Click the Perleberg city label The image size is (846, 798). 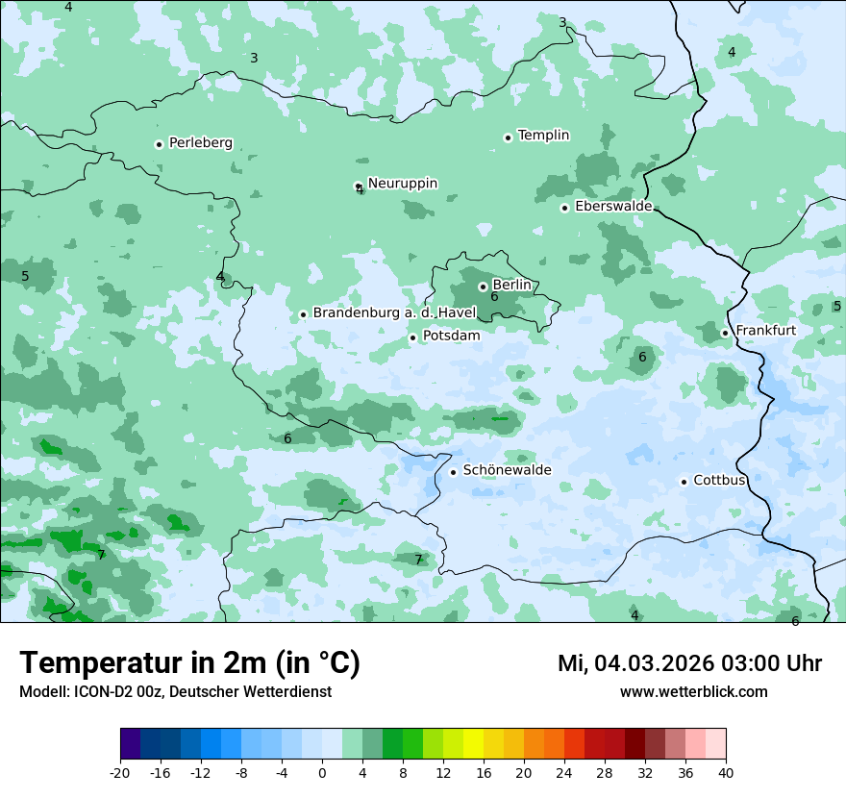[x=200, y=143]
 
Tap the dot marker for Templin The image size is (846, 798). [x=508, y=137]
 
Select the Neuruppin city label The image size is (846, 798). [x=402, y=183]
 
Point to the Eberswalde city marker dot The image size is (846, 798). [x=565, y=208]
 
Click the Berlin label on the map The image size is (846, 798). [x=511, y=285]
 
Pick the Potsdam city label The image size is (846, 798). [x=451, y=336]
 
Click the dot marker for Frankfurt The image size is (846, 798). [x=725, y=334]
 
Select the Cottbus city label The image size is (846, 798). [x=719, y=480]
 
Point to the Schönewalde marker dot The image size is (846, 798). [x=453, y=472]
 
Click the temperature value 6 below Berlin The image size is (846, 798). [x=494, y=297]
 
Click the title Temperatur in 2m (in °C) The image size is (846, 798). [x=189, y=663]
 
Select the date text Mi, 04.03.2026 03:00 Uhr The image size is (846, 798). [x=689, y=663]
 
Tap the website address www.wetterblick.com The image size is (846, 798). [x=693, y=691]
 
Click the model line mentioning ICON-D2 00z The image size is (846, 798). [x=175, y=691]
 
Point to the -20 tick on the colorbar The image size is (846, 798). [x=120, y=772]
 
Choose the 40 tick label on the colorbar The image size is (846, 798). [x=725, y=772]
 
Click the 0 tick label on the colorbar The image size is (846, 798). [x=322, y=772]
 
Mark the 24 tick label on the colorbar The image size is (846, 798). [x=563, y=772]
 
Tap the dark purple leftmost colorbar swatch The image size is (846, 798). [x=130, y=744]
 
